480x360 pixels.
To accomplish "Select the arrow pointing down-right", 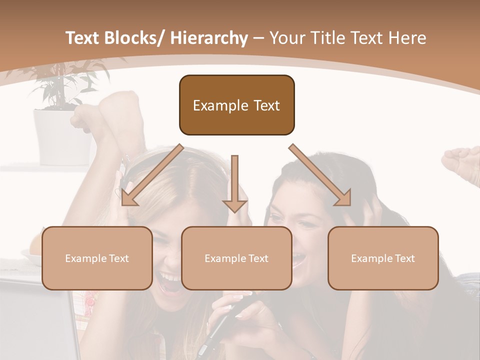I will coord(320,175).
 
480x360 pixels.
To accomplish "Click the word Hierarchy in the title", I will coord(208,38).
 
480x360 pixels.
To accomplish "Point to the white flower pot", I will coord(62,137).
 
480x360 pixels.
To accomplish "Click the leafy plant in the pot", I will coord(65,82).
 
